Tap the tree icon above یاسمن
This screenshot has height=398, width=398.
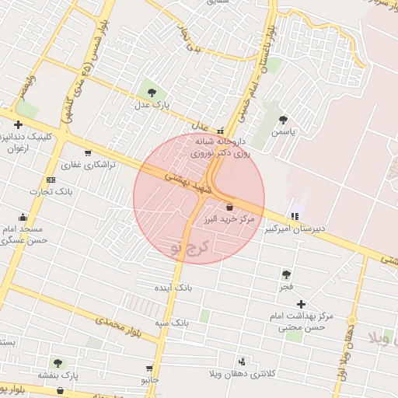click(x=283, y=120)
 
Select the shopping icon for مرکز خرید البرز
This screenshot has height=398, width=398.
click(x=229, y=207)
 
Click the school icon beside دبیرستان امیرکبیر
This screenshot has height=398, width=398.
click(x=294, y=216)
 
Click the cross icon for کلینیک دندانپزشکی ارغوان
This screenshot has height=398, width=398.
click(x=17, y=124)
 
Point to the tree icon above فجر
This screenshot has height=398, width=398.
click(x=287, y=274)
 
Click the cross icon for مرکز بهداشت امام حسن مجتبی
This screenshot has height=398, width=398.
click(x=301, y=304)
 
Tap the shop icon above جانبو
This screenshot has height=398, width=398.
click(x=148, y=368)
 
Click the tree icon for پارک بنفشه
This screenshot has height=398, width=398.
click(x=58, y=362)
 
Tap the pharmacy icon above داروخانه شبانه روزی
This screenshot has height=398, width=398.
click(x=221, y=131)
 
